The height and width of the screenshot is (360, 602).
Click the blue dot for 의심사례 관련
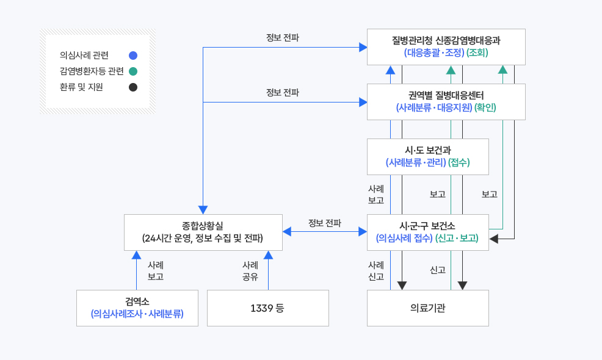click(x=133, y=55)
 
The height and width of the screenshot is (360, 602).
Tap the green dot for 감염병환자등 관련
click(x=133, y=71)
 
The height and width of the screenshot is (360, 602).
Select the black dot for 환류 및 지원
click(x=133, y=87)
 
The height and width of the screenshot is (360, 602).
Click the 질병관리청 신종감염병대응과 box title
click(x=446, y=41)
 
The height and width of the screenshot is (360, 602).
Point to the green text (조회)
click(x=477, y=53)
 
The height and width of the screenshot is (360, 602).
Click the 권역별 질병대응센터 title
click(x=446, y=95)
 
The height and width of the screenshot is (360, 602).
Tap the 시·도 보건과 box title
click(x=427, y=150)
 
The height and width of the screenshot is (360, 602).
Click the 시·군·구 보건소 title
click(x=427, y=226)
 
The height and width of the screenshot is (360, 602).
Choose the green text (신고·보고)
click(x=457, y=238)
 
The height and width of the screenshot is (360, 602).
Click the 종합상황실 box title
click(x=203, y=226)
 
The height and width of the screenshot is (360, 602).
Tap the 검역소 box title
click(x=137, y=301)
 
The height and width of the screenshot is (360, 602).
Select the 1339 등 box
click(x=267, y=308)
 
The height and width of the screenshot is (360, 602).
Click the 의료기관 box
click(x=427, y=308)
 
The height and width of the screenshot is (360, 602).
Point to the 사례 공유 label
click(x=250, y=270)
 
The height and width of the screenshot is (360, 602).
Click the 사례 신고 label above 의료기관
click(x=376, y=270)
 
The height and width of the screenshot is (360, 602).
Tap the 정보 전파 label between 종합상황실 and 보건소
click(x=324, y=223)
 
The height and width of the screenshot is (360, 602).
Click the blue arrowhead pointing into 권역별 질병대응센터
click(x=363, y=102)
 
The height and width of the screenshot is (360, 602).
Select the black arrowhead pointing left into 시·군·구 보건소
click(x=494, y=239)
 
